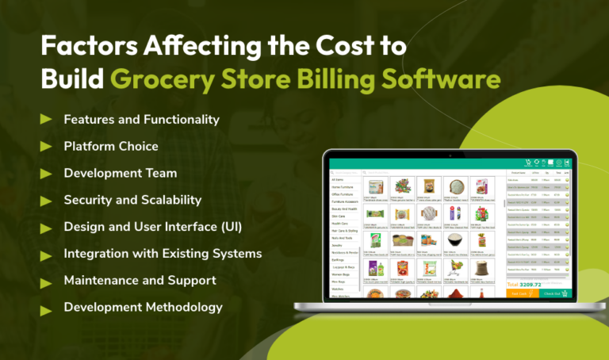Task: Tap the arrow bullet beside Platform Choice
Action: tap(46, 147)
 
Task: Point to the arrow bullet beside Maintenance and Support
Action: tap(46, 281)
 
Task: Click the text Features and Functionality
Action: tap(141, 120)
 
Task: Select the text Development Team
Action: tap(120, 174)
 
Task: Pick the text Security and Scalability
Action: tap(132, 201)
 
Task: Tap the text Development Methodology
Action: tap(143, 308)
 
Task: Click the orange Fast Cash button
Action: tap(522, 293)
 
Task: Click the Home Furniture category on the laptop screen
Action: tap(343, 187)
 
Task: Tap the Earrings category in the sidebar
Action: tap(339, 259)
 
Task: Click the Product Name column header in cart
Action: tap(519, 172)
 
